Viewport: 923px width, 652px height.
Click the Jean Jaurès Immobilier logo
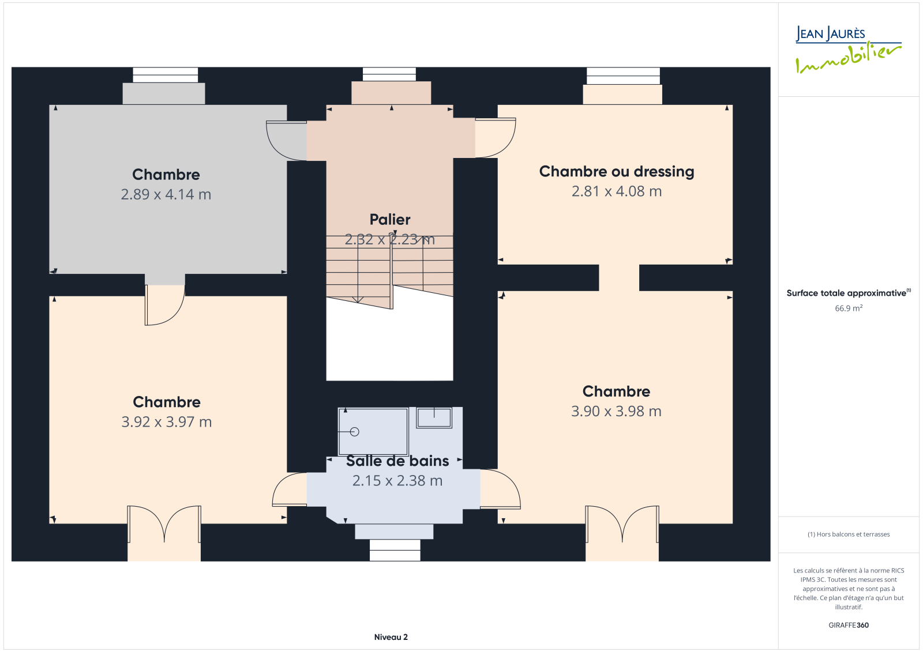pos(849,50)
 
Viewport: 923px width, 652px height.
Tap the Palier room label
pos(390,220)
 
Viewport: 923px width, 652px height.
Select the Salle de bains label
pos(397,461)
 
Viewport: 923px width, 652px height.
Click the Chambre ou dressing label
pos(617,172)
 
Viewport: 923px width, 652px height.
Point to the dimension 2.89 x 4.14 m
pos(166,194)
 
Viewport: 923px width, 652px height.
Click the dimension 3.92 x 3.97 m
pos(167,422)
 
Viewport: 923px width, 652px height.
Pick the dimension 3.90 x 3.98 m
pos(616,412)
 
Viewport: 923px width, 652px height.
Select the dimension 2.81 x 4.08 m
pos(617,191)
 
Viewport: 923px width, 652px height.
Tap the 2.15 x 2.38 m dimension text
pos(397,481)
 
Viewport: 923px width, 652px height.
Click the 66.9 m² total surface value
pos(849,308)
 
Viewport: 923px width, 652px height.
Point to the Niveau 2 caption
pos(391,637)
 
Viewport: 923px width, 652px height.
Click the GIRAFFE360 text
pos(849,625)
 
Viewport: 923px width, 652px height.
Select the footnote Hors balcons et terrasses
pos(849,534)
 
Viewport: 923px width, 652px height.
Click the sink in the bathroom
pos(434,417)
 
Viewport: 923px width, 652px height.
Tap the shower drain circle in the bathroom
pos(354,432)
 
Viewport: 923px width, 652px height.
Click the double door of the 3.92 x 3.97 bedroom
pos(164,523)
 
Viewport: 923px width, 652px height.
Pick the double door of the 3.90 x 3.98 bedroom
pos(622,523)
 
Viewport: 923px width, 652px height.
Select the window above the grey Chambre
pos(165,75)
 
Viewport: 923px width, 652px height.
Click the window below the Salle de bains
pos(395,551)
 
